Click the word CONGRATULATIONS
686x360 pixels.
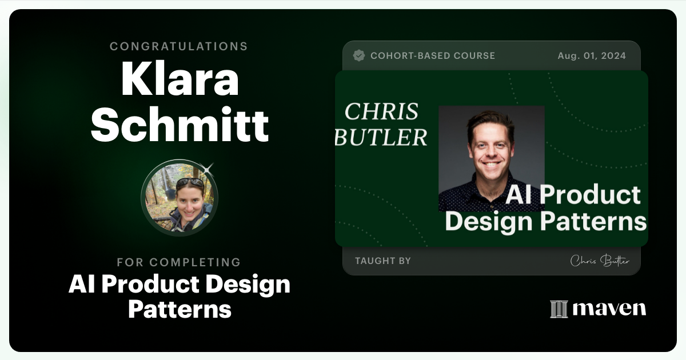pos(179,46)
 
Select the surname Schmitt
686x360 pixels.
pos(180,125)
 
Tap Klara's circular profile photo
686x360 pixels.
pos(179,198)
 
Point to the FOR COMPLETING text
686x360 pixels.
pos(179,262)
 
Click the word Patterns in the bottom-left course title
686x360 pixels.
pos(180,309)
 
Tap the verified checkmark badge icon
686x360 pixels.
pos(359,55)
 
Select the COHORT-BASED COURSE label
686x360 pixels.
pos(433,56)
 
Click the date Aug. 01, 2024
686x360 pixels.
pos(592,56)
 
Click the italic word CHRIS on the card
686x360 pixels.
pos(381,112)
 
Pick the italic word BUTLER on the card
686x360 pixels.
pos(381,137)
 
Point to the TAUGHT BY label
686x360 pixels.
pos(382,261)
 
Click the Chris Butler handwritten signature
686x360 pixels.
pos(600,261)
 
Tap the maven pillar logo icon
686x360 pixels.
pos(559,309)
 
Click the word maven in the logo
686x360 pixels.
pos(609,309)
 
